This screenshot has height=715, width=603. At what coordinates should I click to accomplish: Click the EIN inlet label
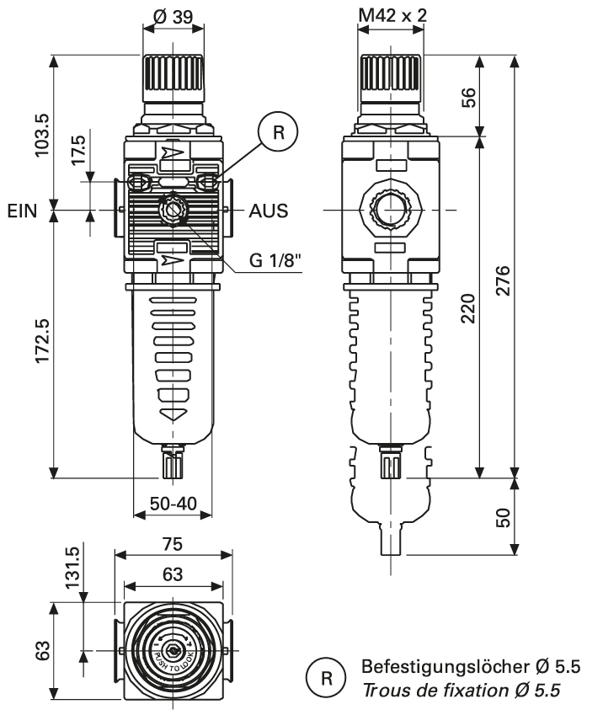(x=22, y=211)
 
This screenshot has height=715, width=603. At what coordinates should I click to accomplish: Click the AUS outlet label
(x=269, y=211)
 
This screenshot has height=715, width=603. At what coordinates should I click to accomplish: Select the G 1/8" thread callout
(x=275, y=260)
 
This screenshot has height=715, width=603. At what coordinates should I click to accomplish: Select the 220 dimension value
(x=469, y=307)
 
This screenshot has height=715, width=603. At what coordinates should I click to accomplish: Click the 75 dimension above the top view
(x=173, y=544)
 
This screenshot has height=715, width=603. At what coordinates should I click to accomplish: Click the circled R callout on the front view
(x=279, y=132)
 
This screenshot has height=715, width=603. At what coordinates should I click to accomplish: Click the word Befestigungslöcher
(x=421, y=666)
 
